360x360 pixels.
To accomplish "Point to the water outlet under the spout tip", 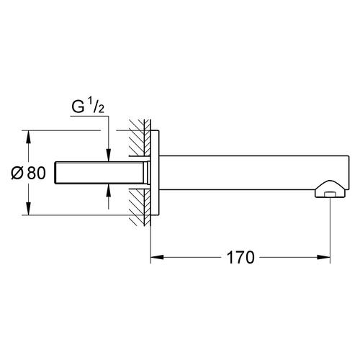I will tap(330, 194).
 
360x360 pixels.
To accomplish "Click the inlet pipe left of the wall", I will tap(101, 172).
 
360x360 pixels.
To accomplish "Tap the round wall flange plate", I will tap(155, 173).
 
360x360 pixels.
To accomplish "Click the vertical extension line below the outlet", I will tap(330, 230).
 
